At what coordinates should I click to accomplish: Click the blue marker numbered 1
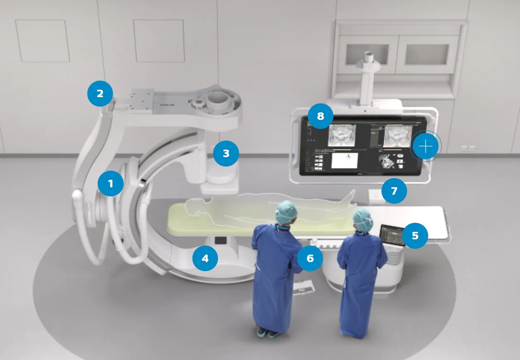coord(110,183)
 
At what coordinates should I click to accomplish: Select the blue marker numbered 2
coord(100,94)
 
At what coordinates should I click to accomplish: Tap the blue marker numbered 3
coord(226,154)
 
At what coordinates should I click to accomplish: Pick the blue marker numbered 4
coord(205,259)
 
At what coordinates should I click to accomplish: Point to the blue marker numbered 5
coord(415,236)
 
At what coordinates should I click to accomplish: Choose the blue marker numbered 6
coord(310,258)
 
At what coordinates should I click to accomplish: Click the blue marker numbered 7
coord(394,191)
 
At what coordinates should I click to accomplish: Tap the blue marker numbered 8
coord(320,116)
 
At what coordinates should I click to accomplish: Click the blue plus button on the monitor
coord(425,146)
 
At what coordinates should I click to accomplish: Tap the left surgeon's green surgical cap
coord(287,210)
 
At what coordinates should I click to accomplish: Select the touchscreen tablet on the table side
coord(391,235)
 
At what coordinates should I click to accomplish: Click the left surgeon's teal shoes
coord(267,332)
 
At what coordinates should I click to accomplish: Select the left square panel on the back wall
coord(42,41)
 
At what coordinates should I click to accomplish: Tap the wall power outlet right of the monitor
coord(464,148)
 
